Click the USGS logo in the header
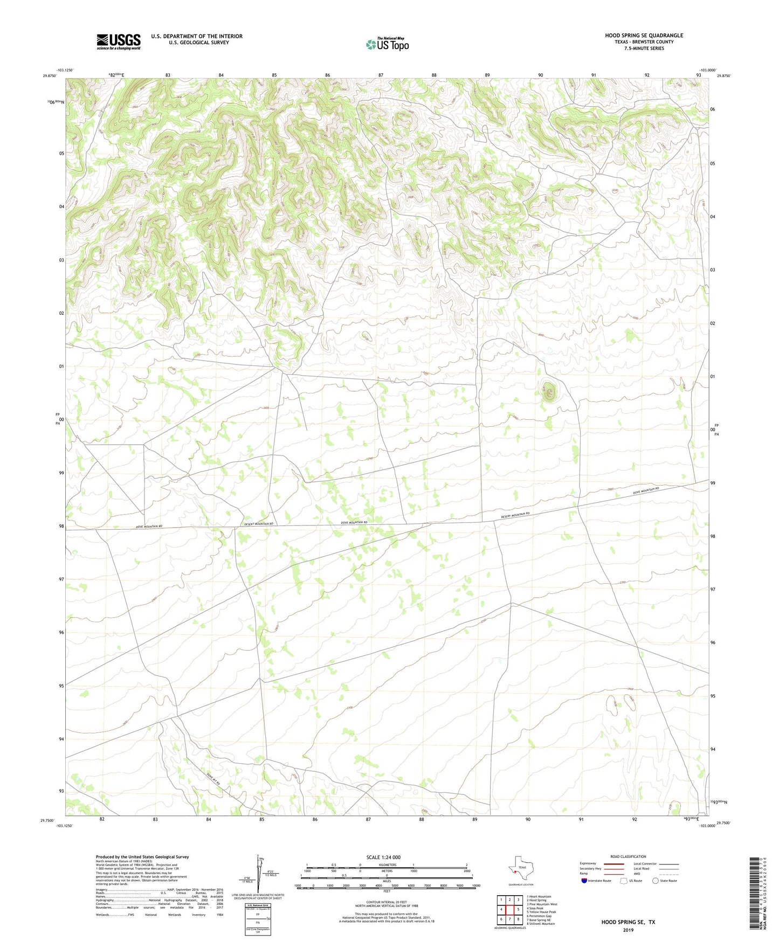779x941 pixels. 119,41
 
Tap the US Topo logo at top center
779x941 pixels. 387,44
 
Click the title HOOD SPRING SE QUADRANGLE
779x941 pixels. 644,36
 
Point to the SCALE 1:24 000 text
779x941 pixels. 383,857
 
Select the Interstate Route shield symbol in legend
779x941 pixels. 584,881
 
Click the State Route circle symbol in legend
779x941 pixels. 656,881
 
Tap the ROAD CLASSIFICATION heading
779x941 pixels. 628,856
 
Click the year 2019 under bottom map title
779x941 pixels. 628,930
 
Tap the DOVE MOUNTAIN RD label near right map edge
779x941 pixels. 646,491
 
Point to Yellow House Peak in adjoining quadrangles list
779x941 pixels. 541,912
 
